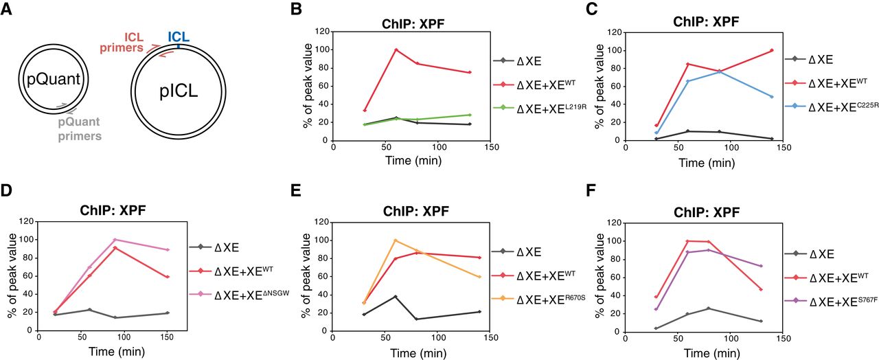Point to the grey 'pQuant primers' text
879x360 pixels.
pos(79,129)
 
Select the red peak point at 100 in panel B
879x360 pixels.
pos(396,49)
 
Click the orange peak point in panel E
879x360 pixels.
pos(395,240)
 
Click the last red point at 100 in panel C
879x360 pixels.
pos(771,50)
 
